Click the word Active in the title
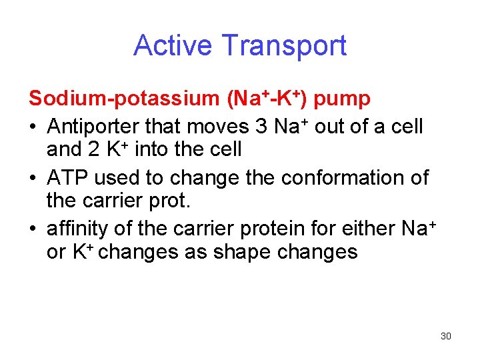[x=175, y=45]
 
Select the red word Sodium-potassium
[x=124, y=99]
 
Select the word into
[x=153, y=149]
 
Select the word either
[x=369, y=229]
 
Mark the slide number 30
[x=446, y=336]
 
